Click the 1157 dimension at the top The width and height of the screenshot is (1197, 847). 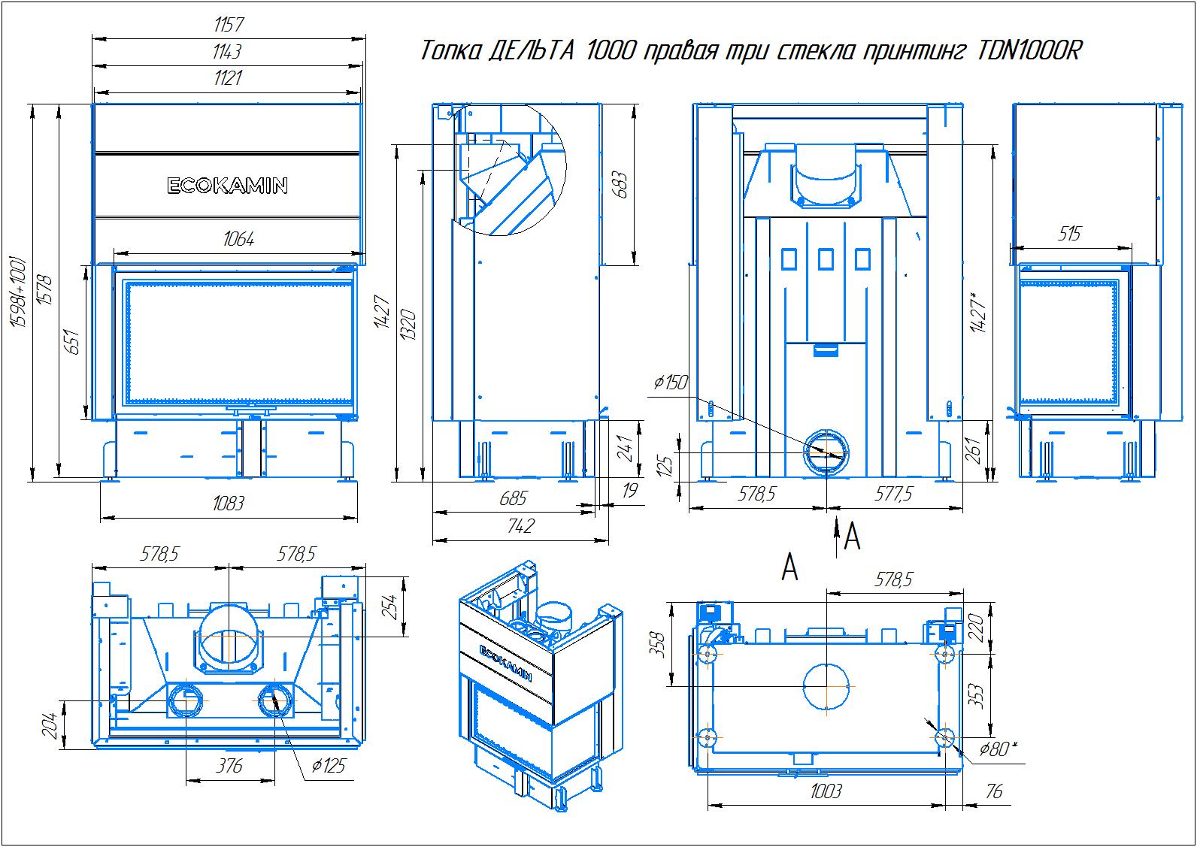point(228,25)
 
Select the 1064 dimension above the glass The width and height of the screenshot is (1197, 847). point(238,239)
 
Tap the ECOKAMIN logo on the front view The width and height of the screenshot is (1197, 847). point(227,186)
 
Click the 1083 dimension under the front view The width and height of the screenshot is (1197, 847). point(228,503)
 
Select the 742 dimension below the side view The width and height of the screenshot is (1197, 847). point(520,525)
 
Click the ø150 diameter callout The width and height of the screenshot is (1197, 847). point(671,383)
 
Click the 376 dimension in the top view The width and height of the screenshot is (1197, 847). point(229,766)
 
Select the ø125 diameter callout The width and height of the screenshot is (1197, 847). point(328,766)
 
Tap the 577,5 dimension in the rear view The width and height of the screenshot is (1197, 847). point(894,494)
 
